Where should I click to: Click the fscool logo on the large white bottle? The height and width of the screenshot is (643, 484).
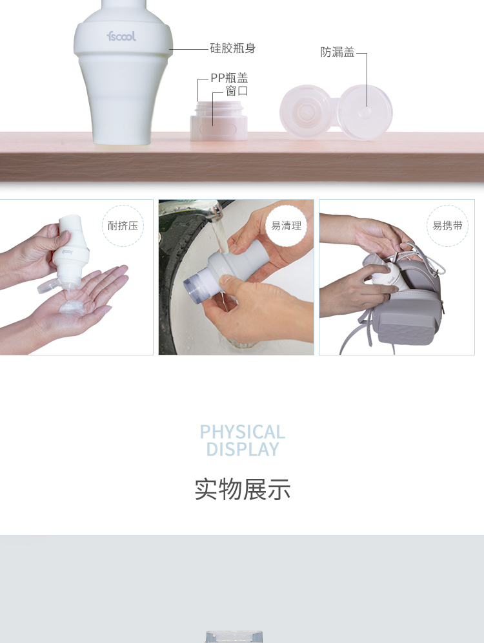[121, 36]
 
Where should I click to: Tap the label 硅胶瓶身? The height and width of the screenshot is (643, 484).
[232, 48]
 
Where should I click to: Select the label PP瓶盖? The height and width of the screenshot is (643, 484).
[229, 78]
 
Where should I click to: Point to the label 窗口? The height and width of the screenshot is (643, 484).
[237, 90]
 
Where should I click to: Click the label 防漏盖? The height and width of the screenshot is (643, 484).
[338, 52]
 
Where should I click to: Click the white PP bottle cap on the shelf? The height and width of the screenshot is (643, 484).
[219, 121]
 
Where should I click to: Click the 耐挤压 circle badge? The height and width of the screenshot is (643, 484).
[123, 226]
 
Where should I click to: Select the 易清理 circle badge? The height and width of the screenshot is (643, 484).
[287, 226]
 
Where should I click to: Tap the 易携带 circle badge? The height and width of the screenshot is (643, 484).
[448, 226]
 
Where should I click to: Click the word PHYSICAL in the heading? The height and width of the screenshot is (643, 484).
[243, 432]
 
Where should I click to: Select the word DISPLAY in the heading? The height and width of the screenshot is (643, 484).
[243, 449]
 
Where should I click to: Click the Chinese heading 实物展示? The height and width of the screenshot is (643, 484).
[243, 489]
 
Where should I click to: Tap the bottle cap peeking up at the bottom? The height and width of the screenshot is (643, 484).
[234, 637]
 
